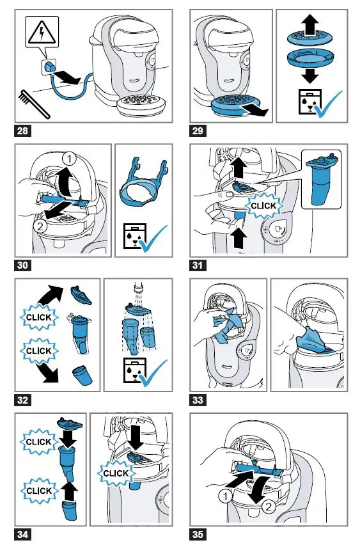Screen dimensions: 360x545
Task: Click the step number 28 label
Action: coord(22,130)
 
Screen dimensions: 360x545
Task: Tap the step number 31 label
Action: coord(198,265)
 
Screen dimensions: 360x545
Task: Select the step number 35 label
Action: coord(198,534)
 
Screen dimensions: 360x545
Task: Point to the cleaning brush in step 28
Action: coord(34,104)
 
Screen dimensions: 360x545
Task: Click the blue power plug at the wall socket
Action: coord(51,67)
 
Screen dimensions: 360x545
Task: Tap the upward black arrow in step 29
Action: coord(310,24)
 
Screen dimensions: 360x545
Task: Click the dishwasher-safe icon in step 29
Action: coord(309,102)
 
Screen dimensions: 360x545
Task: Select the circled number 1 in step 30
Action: coord(69,159)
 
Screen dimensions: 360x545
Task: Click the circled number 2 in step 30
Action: coord(41,226)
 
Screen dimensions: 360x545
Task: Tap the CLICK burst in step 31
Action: coord(263,206)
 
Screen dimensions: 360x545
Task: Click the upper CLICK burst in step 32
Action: coord(38,317)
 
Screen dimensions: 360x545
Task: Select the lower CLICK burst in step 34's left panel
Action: coord(38,491)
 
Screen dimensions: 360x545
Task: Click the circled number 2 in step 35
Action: coord(269,507)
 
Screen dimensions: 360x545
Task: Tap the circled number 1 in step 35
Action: coord(226,496)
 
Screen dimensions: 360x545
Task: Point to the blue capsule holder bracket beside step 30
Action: coord(144,182)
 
